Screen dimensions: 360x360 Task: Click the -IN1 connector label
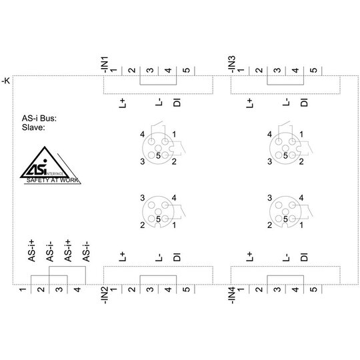(105, 65)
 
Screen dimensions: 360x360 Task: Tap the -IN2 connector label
(105, 295)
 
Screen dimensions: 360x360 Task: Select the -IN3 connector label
(232, 65)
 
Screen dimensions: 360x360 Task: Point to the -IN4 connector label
(232, 295)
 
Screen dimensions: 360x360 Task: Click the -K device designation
(6, 81)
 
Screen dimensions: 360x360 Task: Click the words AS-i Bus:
(39, 118)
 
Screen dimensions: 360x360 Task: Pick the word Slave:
(33, 127)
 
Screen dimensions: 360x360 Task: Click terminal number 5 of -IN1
(187, 70)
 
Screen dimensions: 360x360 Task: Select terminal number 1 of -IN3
(241, 70)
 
